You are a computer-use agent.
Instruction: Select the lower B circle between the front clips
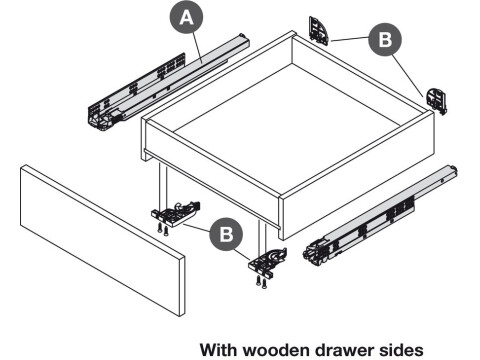[229, 235]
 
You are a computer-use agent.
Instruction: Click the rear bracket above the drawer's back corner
[320, 30]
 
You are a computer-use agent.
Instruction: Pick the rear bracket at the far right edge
[438, 98]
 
